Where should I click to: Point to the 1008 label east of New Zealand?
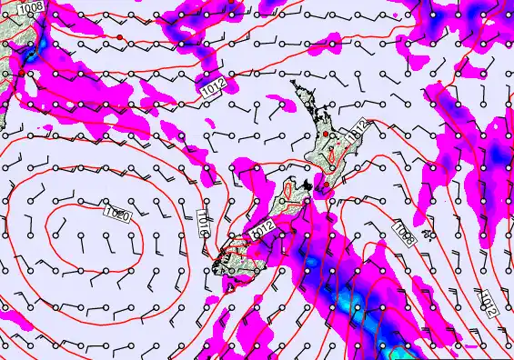tap(405, 234)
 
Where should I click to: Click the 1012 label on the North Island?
tap(358, 130)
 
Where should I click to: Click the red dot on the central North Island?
tap(327, 135)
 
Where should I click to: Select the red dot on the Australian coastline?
tap(20, 71)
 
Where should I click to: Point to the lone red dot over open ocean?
tap(118, 36)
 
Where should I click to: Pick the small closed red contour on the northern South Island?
tap(289, 193)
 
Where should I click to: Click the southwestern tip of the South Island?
tap(216, 265)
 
